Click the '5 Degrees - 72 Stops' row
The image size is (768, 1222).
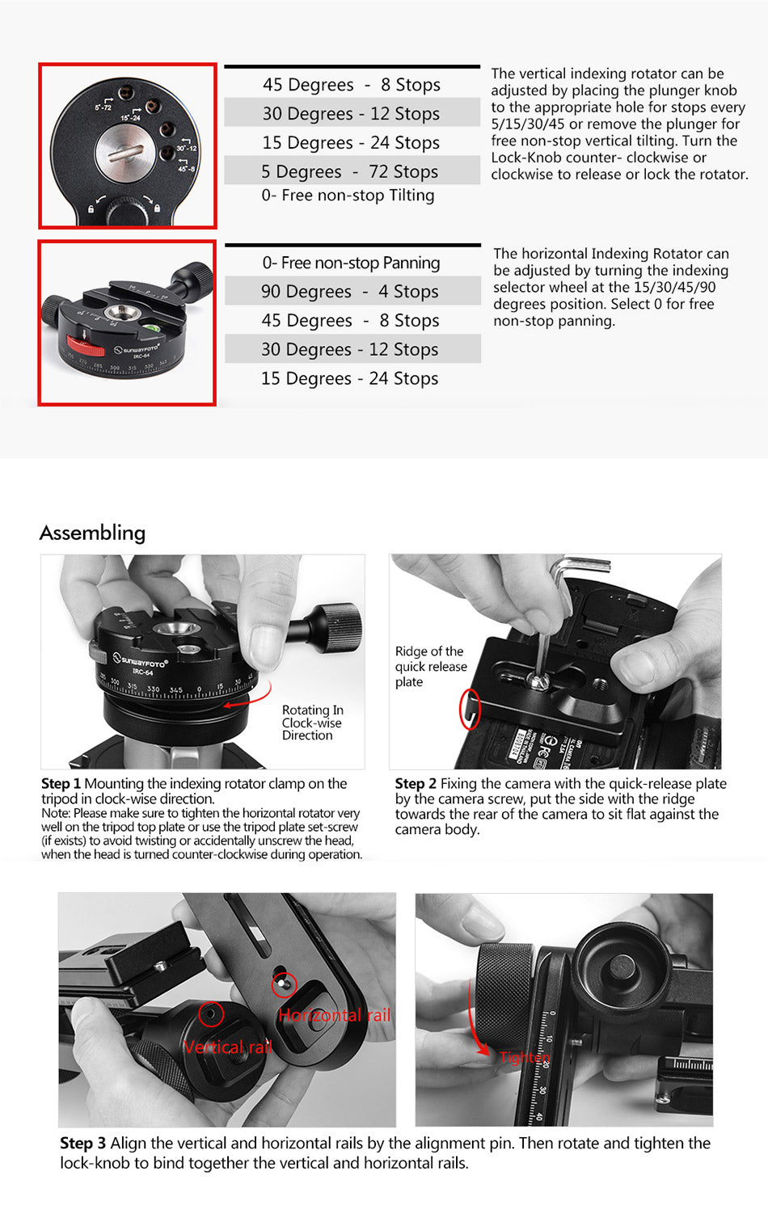(349, 171)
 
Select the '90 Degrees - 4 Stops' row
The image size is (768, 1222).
(349, 291)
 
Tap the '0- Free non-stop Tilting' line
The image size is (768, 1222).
(348, 196)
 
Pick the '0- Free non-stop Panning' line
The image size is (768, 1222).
(351, 263)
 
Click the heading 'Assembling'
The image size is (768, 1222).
(92, 533)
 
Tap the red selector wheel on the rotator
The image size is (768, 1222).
(85, 345)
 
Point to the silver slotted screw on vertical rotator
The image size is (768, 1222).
(125, 154)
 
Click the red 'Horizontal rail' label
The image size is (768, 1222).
(335, 1015)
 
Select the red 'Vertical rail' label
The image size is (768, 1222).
(228, 1047)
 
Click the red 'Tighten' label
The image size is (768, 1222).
(525, 1057)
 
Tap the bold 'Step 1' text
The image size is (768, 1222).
(61, 783)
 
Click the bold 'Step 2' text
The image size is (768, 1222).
(416, 783)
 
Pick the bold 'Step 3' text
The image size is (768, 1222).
(82, 1143)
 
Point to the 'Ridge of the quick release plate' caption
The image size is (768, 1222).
(431, 667)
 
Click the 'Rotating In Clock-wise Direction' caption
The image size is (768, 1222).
(312, 723)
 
